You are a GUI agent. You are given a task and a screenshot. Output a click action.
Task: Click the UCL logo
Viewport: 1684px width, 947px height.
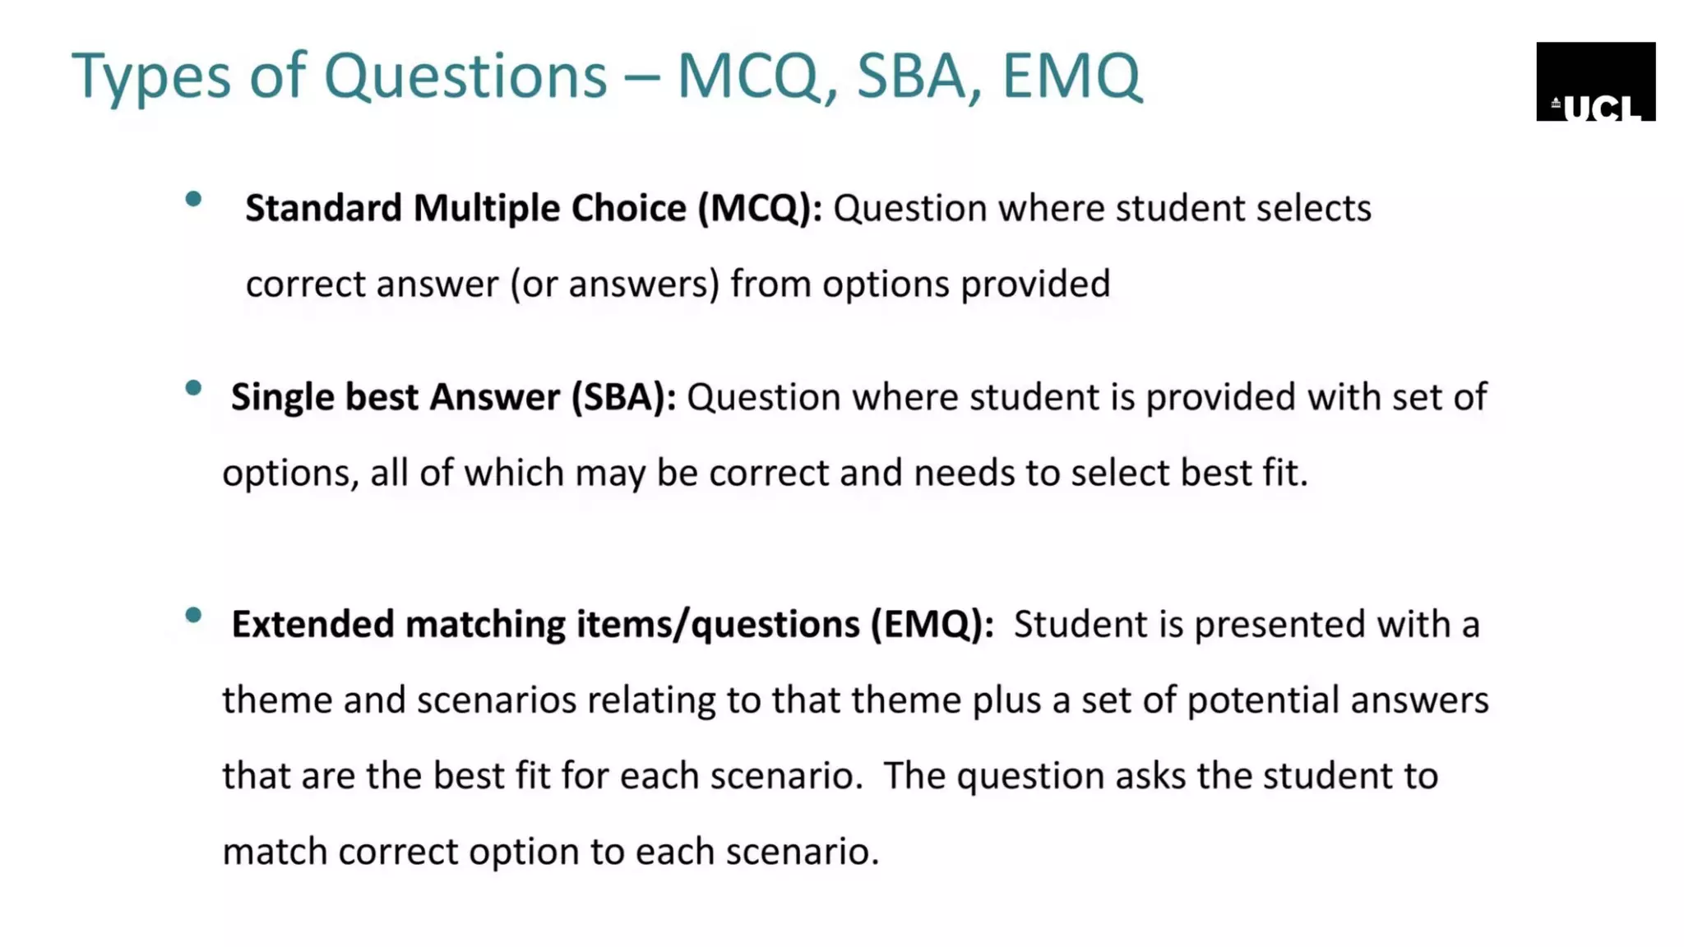(x=1595, y=81)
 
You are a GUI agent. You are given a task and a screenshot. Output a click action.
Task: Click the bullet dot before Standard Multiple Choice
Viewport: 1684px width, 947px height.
(x=194, y=199)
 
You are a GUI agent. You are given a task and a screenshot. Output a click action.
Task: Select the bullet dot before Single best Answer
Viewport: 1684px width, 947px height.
(x=194, y=388)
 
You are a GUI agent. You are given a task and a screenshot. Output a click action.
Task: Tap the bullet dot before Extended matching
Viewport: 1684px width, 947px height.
(x=194, y=615)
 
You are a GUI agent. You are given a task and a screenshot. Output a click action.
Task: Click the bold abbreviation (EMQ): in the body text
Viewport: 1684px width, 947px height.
(x=932, y=625)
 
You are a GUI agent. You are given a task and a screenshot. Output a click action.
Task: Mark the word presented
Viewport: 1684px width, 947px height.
(x=1279, y=625)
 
